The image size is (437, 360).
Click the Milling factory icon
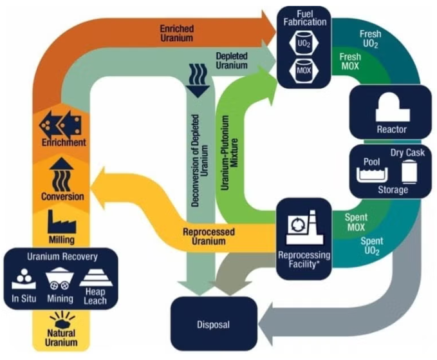coord(61,223)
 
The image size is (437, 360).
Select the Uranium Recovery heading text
coord(62,256)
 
